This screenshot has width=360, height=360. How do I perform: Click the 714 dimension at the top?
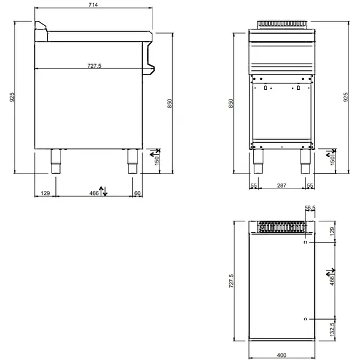click(93, 5)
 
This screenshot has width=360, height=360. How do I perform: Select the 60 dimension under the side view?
click(137, 193)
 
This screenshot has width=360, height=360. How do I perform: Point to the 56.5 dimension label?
click(310, 208)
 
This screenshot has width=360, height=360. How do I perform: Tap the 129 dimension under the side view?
click(44, 193)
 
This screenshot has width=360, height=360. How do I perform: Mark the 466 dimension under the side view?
click(94, 193)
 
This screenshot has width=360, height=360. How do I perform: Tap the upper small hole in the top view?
click(306, 243)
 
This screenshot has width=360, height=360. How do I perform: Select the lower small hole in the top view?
click(306, 317)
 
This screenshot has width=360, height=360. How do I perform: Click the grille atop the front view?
click(281, 25)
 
